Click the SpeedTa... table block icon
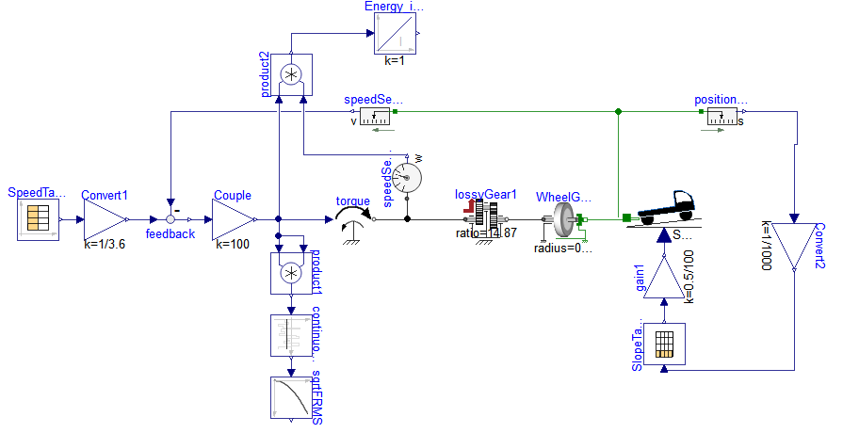pyautogui.click(x=39, y=219)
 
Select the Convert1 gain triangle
pyautogui.click(x=104, y=219)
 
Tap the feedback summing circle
pyautogui.click(x=170, y=219)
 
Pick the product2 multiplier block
pyautogui.click(x=292, y=73)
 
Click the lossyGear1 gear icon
pyautogui.click(x=486, y=219)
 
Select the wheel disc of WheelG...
pyautogui.click(x=565, y=219)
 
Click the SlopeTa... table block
pyautogui.click(x=665, y=345)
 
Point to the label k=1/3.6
pyautogui.click(x=104, y=244)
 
